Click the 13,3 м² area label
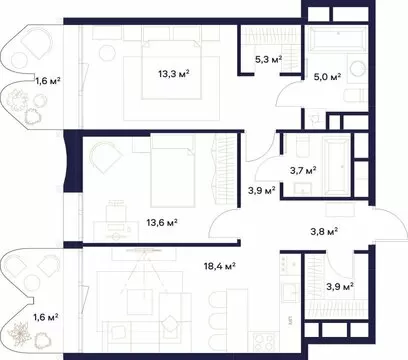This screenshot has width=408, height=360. pos(174,73)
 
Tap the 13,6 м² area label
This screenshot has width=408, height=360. pos(162,222)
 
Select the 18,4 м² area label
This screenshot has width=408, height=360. pos(220,266)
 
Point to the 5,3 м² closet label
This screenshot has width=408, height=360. pos(269,60)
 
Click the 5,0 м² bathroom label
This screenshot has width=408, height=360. pos(327,77)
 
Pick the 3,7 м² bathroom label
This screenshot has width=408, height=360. pos(303,171)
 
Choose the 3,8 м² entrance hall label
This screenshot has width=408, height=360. pos(325,231)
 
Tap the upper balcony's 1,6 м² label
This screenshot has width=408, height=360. pos(48,80)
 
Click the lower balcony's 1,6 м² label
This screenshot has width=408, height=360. pos(46,317)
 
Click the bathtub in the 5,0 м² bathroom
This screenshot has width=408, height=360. pos(338,38)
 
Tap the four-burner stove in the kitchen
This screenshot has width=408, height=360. pos(265,341)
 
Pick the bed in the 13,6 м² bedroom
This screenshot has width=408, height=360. pos(173,172)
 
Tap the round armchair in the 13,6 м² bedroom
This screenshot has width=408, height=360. pos(105,157)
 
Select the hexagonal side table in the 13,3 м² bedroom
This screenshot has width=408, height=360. pos(107,52)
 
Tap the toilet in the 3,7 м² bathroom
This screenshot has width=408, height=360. pos(303,146)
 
